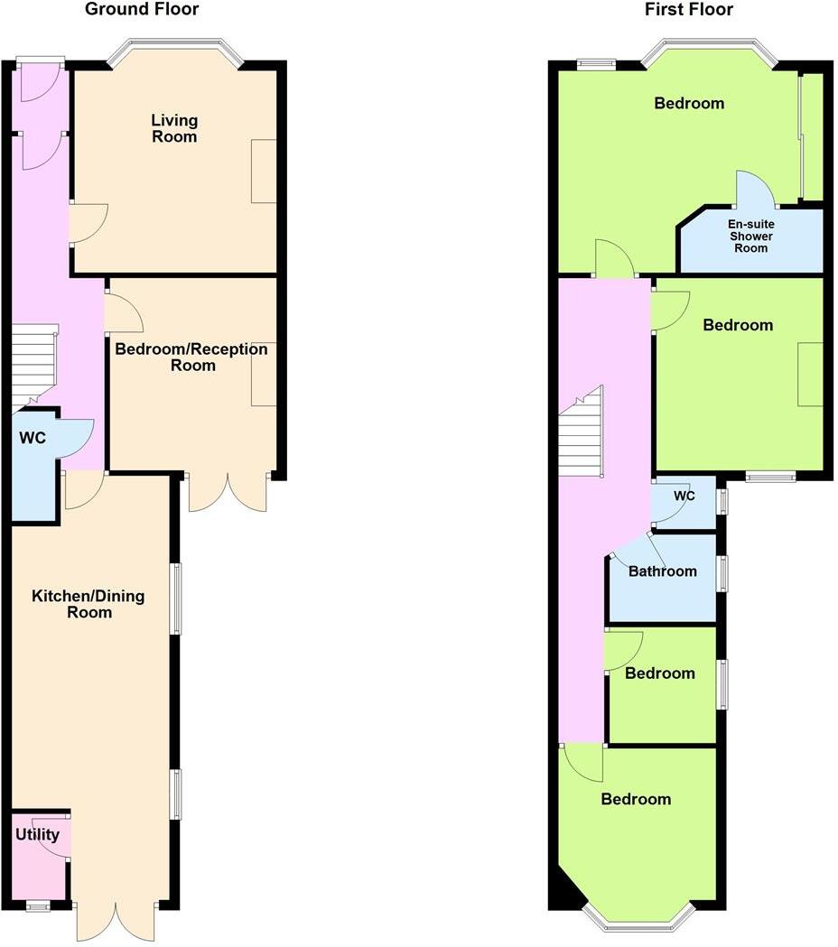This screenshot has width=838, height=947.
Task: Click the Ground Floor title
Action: click(x=142, y=10)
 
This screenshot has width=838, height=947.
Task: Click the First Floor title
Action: click(x=689, y=10)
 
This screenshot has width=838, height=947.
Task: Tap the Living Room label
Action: click(x=174, y=128)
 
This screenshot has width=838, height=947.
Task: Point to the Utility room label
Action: click(x=37, y=835)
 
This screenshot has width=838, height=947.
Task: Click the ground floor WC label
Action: click(x=33, y=439)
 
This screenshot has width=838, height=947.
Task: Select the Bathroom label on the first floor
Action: click(x=663, y=571)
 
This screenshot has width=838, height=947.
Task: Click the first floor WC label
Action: click(x=684, y=497)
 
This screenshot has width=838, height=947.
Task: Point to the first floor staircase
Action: click(x=579, y=433)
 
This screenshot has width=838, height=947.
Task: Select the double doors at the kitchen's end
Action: click(x=116, y=921)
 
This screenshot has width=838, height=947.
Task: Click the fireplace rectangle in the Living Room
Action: click(x=264, y=172)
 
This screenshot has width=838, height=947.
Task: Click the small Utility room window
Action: click(x=38, y=905)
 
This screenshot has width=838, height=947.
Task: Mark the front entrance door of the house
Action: click(x=40, y=79)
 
